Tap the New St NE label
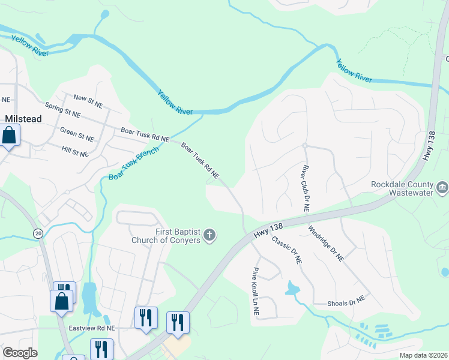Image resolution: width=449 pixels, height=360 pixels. tap(88, 101)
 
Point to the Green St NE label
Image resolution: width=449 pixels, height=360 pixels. tap(77, 134)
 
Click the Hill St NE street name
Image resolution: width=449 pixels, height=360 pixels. tap(75, 150)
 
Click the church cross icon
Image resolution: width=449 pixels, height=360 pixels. tap(209, 235)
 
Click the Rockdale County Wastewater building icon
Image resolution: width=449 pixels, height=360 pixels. tap(442, 188)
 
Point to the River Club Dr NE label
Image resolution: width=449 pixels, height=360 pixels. tap(305, 190)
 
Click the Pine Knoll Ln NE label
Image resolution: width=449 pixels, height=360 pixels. tap(256, 292)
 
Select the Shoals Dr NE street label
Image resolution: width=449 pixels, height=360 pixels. tap(346, 301)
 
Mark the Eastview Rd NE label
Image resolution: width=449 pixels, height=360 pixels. tap(91, 328)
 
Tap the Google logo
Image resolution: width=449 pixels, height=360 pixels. tap(20, 353)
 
